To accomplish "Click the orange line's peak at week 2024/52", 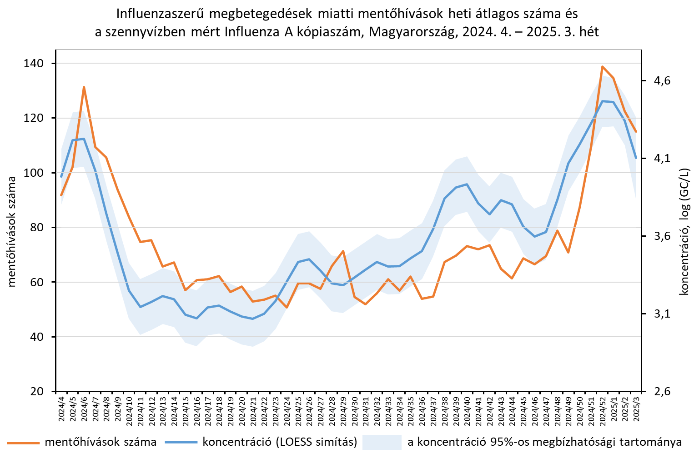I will click(x=602, y=67).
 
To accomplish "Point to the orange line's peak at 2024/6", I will click(x=84, y=87).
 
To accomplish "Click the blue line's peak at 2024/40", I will click(x=467, y=184).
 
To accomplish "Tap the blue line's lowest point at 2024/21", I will click(x=253, y=319).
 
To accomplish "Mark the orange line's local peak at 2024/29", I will click(x=343, y=251).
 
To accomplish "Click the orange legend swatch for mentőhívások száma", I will click(x=23, y=442).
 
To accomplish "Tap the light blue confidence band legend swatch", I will click(x=381, y=442).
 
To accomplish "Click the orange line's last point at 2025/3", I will click(x=636, y=132).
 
